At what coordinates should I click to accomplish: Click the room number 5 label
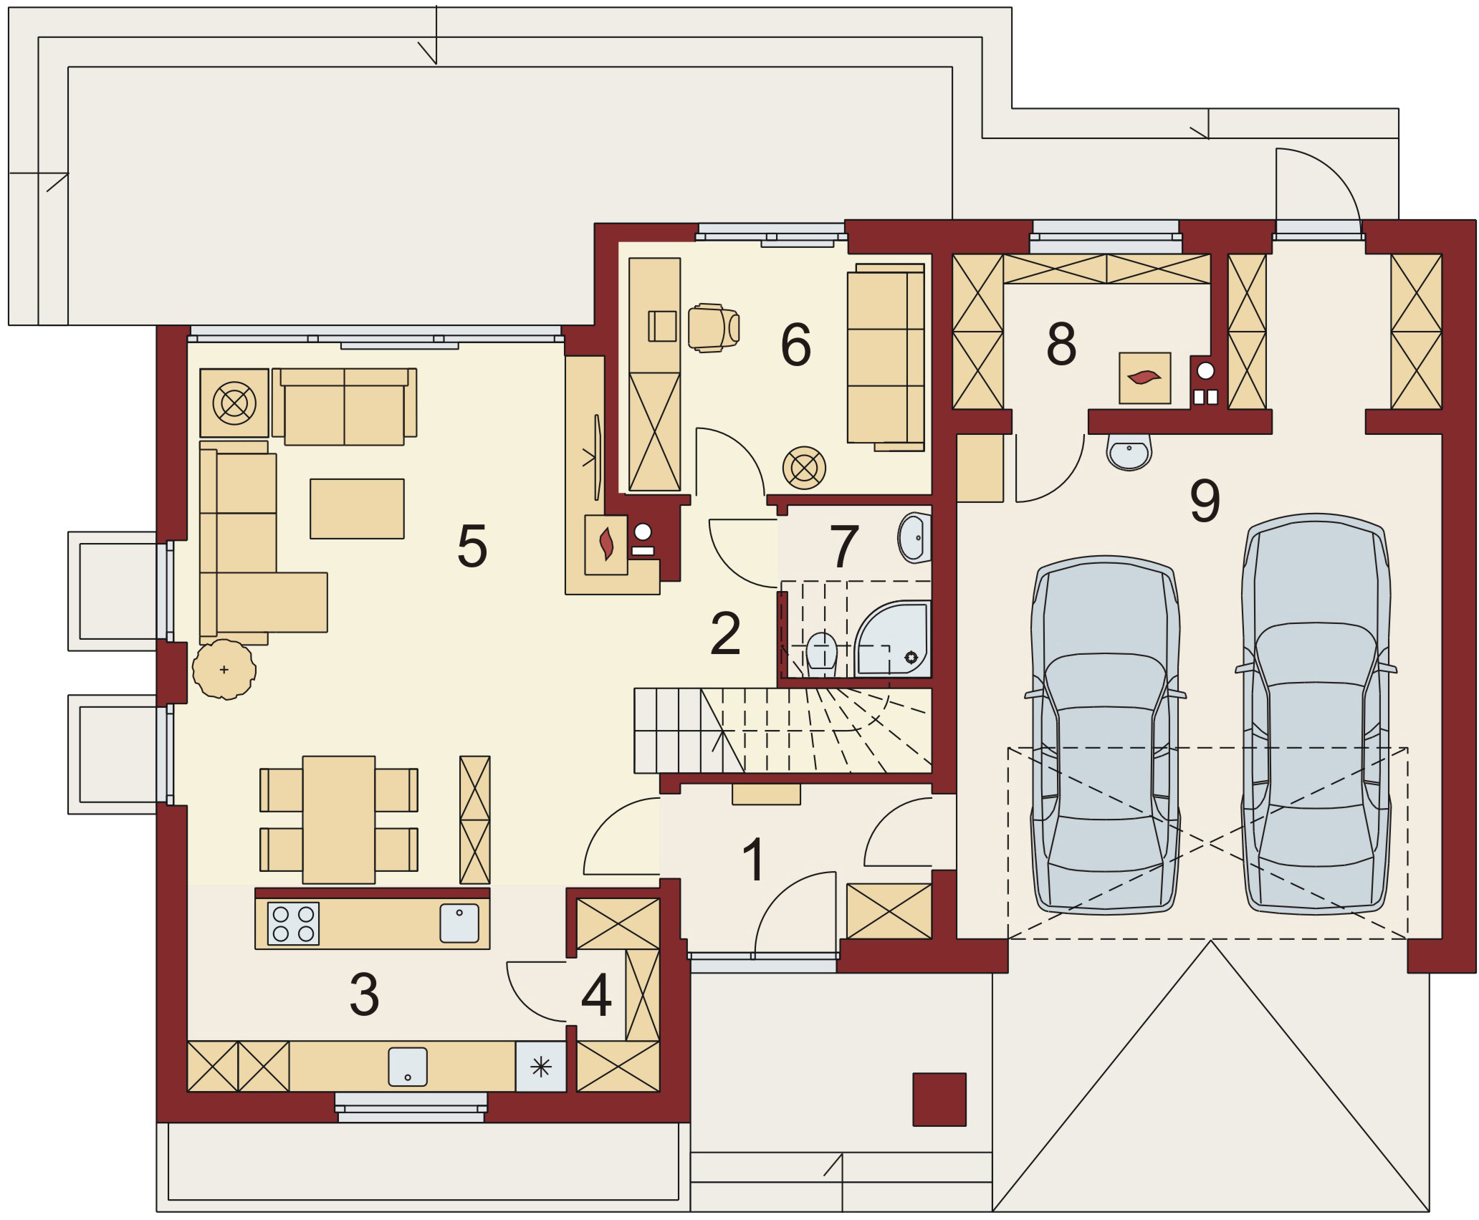(x=472, y=546)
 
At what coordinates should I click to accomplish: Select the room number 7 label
(x=843, y=546)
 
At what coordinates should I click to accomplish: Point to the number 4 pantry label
(x=596, y=994)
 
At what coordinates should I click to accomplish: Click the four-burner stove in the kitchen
(x=293, y=923)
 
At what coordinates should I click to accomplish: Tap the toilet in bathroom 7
(x=821, y=653)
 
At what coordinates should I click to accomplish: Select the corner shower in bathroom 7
(x=893, y=639)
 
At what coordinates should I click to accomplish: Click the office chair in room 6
(x=713, y=328)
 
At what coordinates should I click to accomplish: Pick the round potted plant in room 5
(x=224, y=669)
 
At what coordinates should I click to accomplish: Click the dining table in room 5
(x=339, y=820)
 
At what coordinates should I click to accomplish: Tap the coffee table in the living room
(x=357, y=509)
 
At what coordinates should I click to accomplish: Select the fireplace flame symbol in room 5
(x=606, y=544)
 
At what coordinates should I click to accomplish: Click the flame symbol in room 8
(x=1144, y=377)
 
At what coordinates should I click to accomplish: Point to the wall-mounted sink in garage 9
(x=1129, y=452)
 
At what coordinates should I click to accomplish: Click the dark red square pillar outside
(x=939, y=1099)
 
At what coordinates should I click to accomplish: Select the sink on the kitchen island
(x=459, y=923)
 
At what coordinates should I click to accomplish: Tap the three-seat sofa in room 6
(x=886, y=357)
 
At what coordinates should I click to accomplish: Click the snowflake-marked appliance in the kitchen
(x=541, y=1067)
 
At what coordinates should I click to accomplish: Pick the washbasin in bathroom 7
(x=914, y=538)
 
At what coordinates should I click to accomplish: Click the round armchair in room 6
(x=804, y=469)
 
